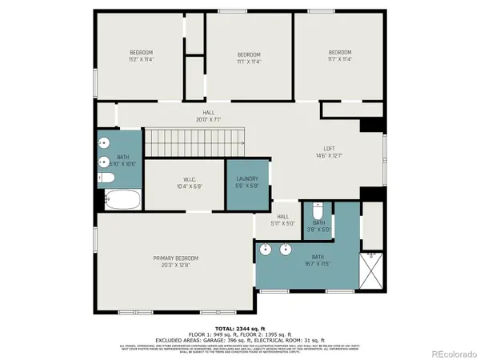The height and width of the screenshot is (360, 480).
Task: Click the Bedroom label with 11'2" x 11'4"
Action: [142, 56]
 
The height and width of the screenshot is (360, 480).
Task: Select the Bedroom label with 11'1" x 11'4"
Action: [248, 58]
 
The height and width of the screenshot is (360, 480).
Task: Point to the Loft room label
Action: [329, 152]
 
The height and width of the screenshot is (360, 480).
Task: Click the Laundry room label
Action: [247, 182]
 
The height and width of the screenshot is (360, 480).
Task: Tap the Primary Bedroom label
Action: [176, 261]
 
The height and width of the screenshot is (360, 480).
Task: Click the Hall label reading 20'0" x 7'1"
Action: [209, 117]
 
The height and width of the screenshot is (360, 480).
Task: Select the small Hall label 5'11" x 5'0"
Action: [283, 220]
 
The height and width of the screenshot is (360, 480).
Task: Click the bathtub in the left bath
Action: [122, 200]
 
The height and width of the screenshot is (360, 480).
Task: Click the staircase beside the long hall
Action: [194, 142]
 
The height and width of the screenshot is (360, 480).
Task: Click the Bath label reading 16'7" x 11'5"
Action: [318, 259]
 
